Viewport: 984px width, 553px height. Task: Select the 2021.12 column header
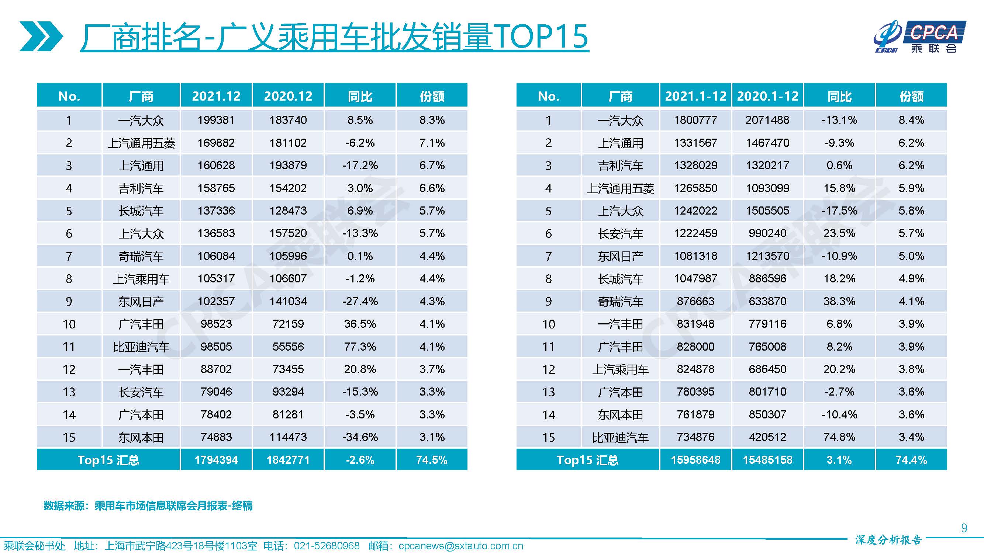click(216, 96)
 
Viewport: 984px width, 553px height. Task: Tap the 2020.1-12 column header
click(767, 96)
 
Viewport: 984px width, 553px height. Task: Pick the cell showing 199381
click(216, 120)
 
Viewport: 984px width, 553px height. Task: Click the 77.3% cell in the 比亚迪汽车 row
click(360, 347)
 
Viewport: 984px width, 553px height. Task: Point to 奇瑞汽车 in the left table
click(141, 256)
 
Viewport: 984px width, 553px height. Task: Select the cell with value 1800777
click(695, 120)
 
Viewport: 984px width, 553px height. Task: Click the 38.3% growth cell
click(839, 302)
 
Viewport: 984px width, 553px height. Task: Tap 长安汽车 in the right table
click(620, 234)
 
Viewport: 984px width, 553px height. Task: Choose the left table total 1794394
click(216, 460)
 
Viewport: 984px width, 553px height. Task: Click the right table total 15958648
click(695, 460)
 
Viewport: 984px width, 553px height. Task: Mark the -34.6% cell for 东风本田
click(360, 437)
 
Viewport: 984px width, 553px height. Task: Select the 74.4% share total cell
click(911, 460)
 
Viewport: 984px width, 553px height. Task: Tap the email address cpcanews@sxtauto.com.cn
click(461, 546)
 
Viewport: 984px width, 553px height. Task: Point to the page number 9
click(964, 528)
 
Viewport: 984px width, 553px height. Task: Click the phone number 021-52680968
click(327, 546)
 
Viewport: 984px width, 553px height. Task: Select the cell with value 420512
click(767, 437)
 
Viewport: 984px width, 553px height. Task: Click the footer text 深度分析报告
click(888, 540)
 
